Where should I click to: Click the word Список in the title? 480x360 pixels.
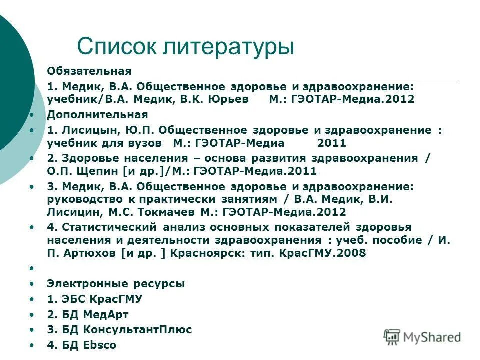[117, 47]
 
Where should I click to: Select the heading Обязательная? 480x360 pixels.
[89, 70]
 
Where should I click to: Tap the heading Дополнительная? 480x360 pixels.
[97, 114]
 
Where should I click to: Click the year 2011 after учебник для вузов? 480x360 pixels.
[331, 143]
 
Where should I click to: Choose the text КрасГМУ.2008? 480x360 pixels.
[325, 253]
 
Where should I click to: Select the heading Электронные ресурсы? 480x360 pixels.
[116, 283]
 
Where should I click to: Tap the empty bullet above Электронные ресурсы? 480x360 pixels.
[31, 268]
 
